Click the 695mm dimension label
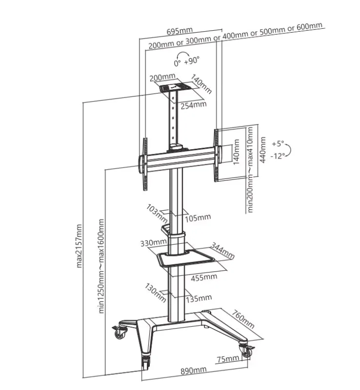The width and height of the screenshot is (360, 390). [180, 31]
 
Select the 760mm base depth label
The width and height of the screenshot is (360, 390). [243, 319]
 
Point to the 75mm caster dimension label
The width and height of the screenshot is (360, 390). [228, 359]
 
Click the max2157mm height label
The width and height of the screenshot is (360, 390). [79, 246]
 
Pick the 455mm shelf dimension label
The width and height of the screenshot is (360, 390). [204, 277]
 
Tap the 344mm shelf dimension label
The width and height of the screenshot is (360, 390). [222, 251]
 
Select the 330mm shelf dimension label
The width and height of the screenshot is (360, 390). [153, 242]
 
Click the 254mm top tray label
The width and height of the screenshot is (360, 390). [194, 105]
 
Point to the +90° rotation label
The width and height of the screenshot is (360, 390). [192, 60]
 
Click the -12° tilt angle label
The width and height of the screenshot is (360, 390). [278, 156]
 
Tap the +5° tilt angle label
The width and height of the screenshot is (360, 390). [278, 143]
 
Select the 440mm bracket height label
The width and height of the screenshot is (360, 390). [262, 150]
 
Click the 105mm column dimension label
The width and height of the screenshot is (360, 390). [198, 218]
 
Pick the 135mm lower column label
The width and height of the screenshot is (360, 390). [199, 298]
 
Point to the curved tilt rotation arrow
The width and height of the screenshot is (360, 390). [289, 150]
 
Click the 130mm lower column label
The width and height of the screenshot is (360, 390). [155, 292]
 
